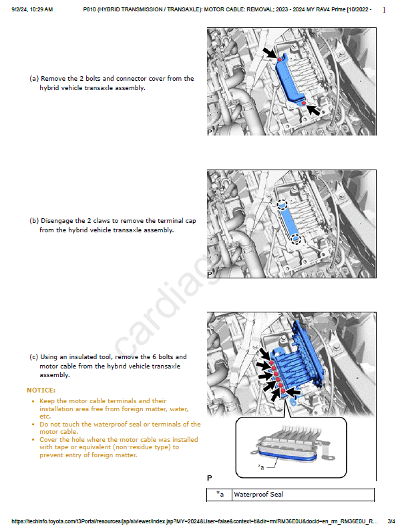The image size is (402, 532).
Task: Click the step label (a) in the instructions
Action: coord(33,79)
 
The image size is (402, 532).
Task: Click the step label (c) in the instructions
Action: coord(33,358)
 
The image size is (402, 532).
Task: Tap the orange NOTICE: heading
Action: coord(41,390)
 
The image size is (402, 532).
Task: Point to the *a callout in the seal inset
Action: coord(261,467)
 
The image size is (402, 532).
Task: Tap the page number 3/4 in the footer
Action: coord(391,521)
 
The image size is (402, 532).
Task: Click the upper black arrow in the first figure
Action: coord(269,52)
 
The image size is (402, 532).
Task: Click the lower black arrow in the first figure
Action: coord(315,107)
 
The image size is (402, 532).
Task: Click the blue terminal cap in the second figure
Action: coord(289,222)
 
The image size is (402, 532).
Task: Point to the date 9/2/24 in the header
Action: coord(19,10)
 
